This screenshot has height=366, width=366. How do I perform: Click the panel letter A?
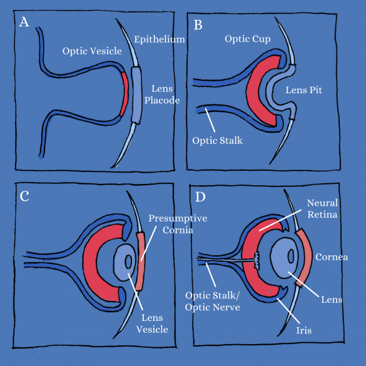24,22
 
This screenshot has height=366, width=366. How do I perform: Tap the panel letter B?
198,25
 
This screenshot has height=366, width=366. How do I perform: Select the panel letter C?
24,196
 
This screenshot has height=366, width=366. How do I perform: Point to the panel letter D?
200,197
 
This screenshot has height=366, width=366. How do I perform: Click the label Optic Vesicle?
92,51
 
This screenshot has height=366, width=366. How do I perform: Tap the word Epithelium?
160,39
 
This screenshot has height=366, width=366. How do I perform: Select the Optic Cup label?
248,39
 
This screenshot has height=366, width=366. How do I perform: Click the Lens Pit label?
303,90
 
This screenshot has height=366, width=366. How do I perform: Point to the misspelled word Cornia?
178,230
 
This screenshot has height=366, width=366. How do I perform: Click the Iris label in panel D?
304,330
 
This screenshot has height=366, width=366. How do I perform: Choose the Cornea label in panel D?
332,257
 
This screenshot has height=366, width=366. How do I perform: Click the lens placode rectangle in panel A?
136,95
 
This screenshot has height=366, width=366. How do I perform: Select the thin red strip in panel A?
125,94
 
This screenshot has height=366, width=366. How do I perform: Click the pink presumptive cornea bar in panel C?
141,261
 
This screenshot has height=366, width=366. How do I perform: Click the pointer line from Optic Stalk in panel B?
210,120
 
